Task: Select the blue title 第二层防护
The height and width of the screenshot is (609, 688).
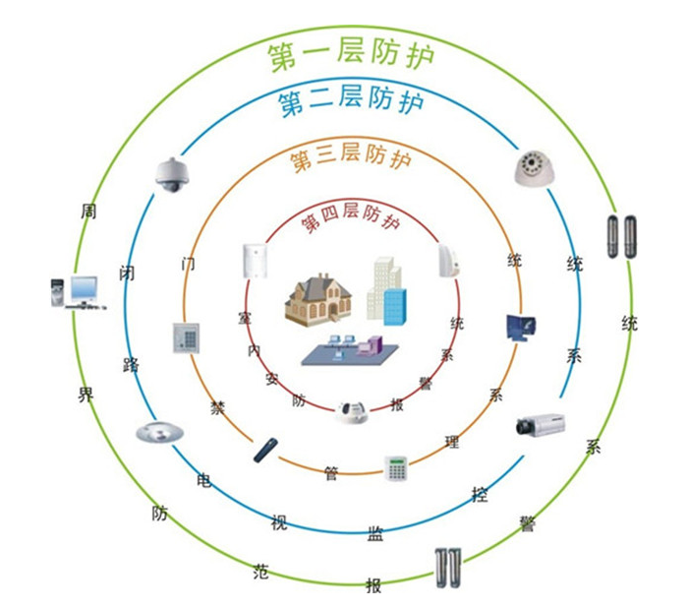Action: coord(352,102)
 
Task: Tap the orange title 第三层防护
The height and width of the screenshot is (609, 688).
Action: coord(352,156)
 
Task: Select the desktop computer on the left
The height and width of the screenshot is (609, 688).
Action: coord(77,293)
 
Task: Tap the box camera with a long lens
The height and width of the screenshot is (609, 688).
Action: coord(542,425)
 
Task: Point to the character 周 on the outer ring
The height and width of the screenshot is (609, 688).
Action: coord(89,212)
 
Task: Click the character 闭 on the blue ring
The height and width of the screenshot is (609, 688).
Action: coord(126,273)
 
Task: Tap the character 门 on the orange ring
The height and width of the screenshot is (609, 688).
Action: coord(189,264)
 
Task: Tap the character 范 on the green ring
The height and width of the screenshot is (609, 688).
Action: coord(260,571)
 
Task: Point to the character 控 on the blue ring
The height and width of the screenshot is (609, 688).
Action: coord(480,493)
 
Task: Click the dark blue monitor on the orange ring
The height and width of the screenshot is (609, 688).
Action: coord(520,328)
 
